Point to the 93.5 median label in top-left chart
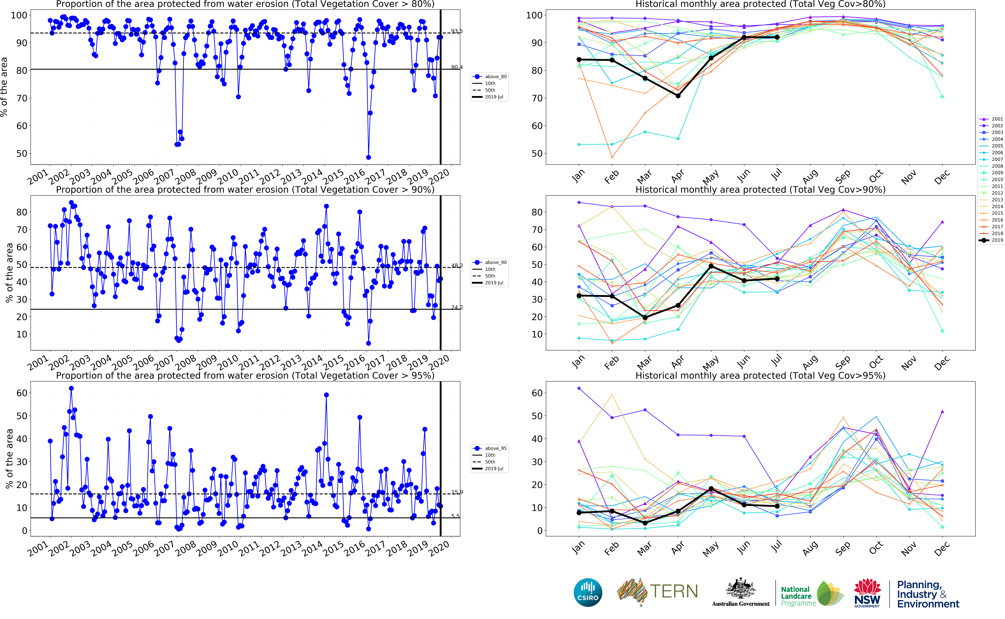(x=457, y=31)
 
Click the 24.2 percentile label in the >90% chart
(x=457, y=307)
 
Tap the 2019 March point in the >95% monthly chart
(x=645, y=523)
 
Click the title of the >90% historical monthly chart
(x=760, y=190)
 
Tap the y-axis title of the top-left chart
(x=4, y=87)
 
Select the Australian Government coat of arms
(x=740, y=590)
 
